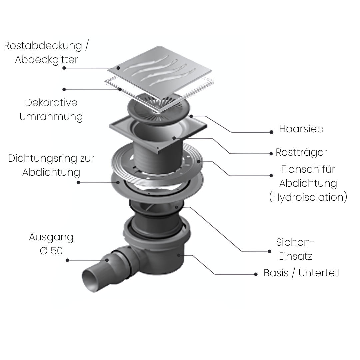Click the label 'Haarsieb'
point(301,129)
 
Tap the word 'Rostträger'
point(301,152)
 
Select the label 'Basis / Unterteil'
point(301,273)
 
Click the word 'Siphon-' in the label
point(295,242)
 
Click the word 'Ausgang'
point(51,237)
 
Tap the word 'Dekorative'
point(51,102)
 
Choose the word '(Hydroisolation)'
point(308,197)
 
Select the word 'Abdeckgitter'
point(46,60)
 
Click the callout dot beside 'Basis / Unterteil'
point(256,274)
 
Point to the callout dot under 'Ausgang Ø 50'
point(67,260)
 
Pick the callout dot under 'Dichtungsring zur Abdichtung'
point(78,182)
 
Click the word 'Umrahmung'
point(51,117)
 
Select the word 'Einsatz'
point(295,256)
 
